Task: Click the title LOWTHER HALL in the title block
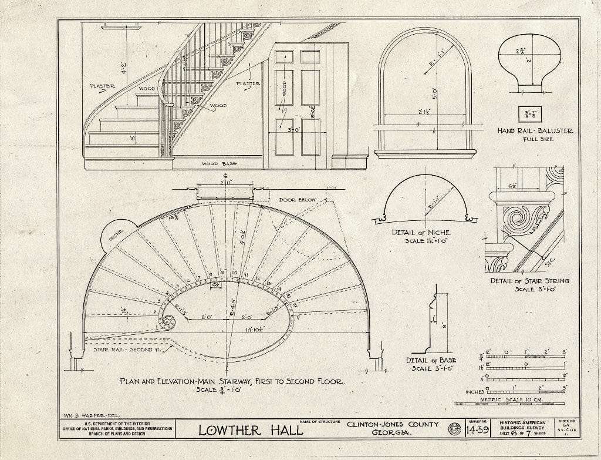(251, 430)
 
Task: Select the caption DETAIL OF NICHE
(421, 233)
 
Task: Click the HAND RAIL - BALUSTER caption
(535, 131)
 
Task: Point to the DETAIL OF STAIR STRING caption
(530, 281)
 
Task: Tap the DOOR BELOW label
(297, 200)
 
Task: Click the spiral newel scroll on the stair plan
(168, 322)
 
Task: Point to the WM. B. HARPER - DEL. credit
(88, 414)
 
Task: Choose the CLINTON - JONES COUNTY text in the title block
(392, 424)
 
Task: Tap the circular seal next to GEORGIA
(454, 429)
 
